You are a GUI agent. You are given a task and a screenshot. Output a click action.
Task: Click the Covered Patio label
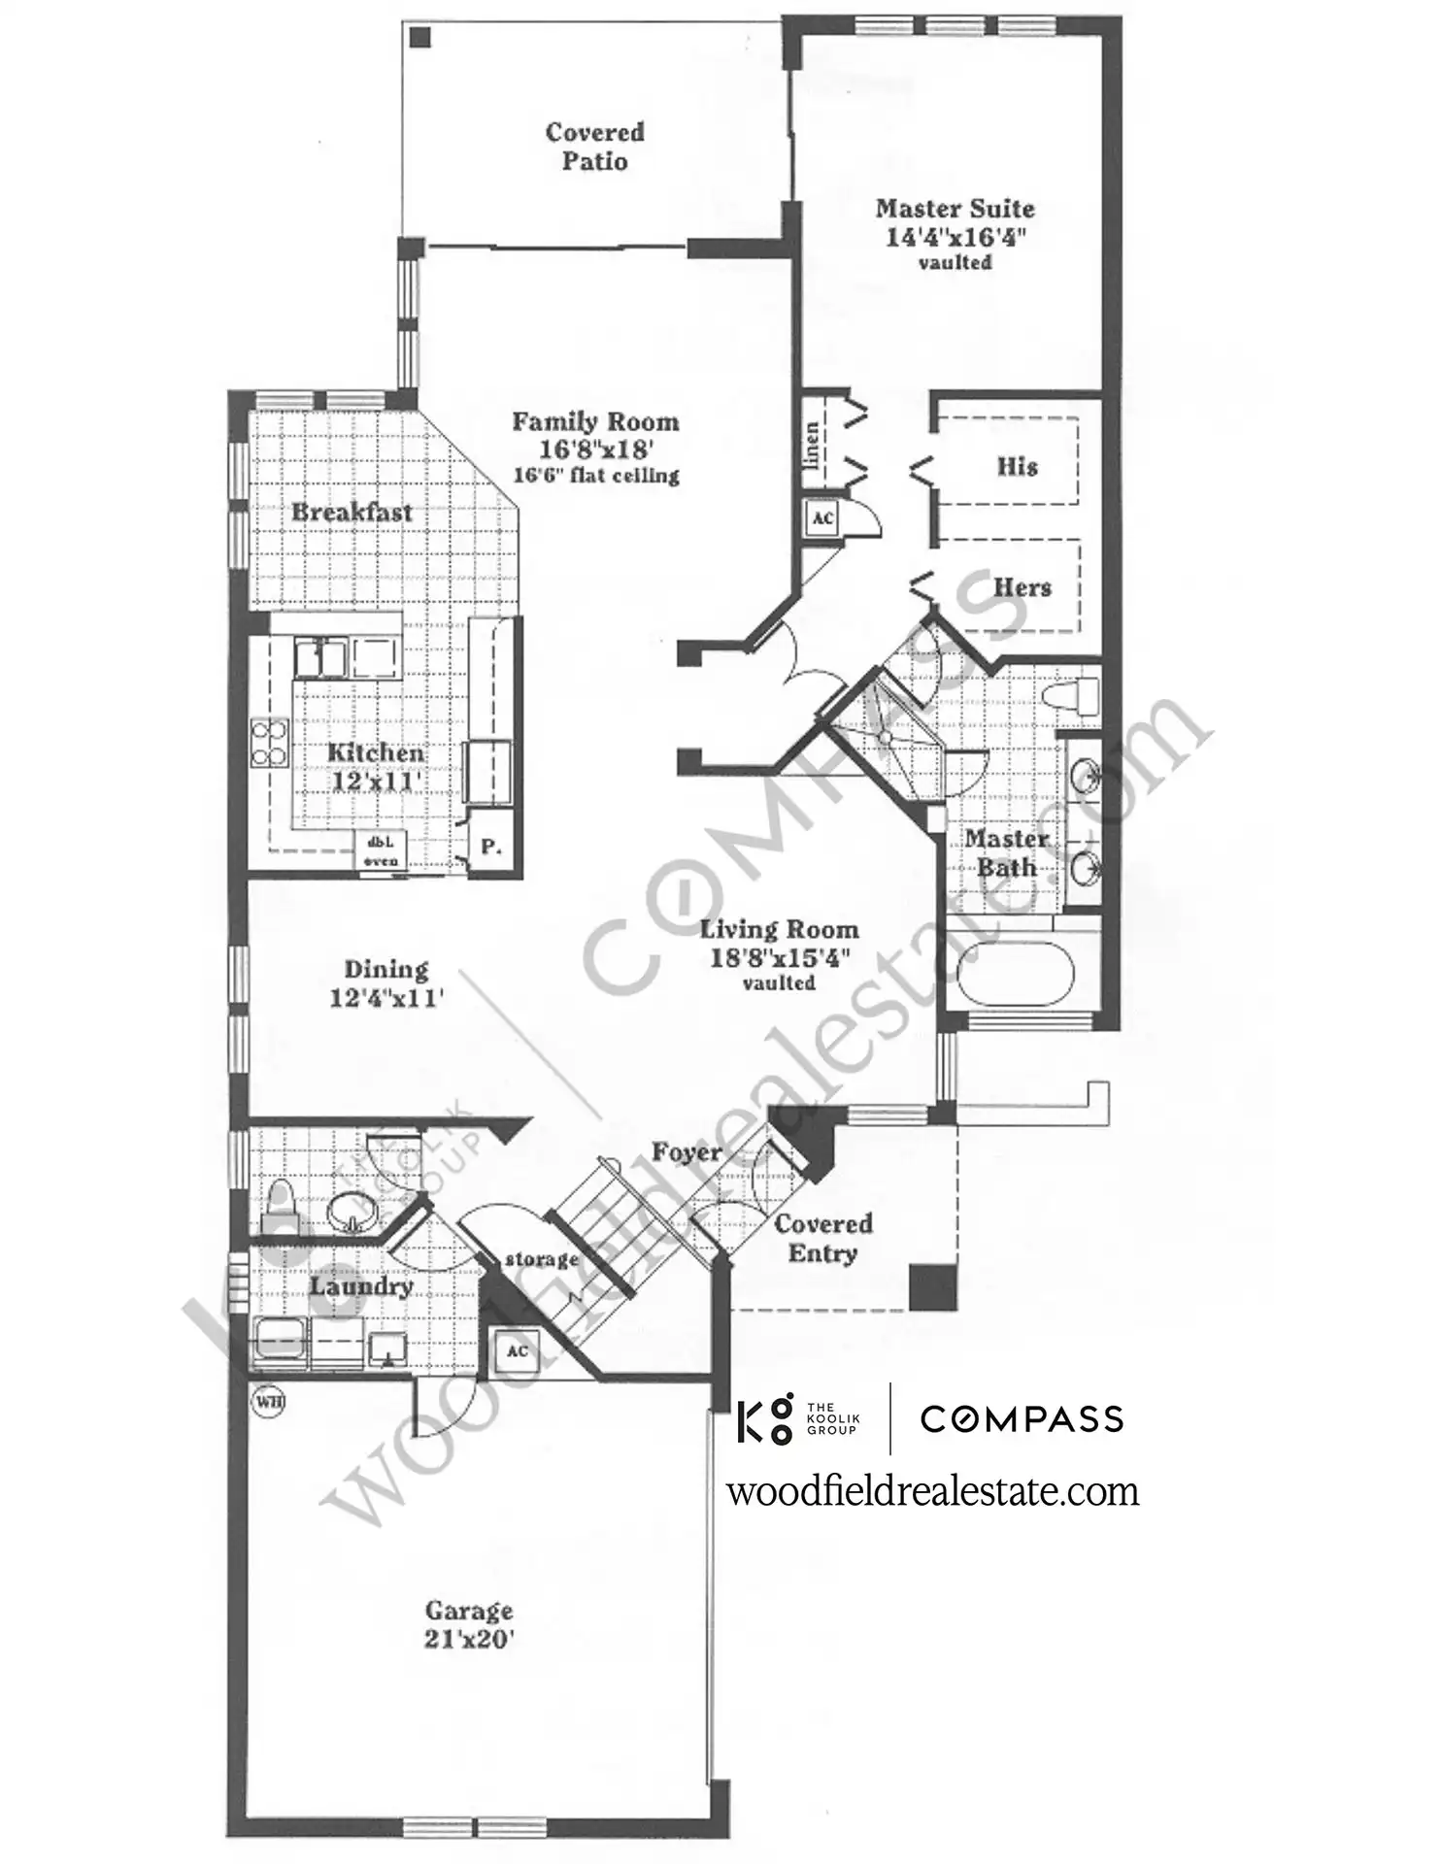pos(594,147)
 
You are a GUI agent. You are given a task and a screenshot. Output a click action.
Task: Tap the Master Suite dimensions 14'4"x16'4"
pos(955,237)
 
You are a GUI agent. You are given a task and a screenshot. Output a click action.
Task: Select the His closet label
pos(1017,467)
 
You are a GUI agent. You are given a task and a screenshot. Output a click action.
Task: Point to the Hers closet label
pos(1022,587)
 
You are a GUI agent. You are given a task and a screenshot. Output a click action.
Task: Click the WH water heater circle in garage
pos(268,1402)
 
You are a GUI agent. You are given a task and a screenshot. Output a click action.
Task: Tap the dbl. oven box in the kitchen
pos(380,851)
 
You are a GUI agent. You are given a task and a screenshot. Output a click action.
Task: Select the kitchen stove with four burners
pos(270,743)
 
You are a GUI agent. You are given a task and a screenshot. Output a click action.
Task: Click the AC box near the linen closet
pos(822,518)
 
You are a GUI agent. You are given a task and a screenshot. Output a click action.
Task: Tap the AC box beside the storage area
pos(517,1351)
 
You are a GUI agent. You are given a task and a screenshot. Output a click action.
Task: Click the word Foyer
pos(687,1152)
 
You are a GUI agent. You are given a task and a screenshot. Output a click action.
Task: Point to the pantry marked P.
pos(489,848)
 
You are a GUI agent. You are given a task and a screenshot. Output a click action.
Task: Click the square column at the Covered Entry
pos(933,1287)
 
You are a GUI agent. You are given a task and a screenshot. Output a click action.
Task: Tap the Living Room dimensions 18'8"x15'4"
pos(780,957)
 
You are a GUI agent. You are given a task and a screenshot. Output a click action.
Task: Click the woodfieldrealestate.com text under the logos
pos(933,1491)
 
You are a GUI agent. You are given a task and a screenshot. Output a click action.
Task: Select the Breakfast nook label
pos(352,512)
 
